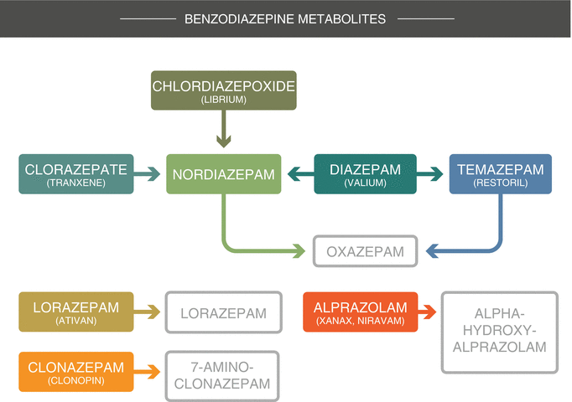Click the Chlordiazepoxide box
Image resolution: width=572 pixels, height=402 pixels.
tap(224, 90)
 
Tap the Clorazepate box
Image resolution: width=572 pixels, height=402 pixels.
tap(76, 174)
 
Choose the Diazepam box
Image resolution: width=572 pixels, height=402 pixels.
tap(365, 174)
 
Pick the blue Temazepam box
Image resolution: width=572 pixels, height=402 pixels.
tap(501, 174)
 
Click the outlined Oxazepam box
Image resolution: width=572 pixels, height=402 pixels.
tap(365, 251)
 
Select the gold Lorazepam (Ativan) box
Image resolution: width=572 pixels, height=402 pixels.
tap(76, 312)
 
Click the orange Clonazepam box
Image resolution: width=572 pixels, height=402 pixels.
tap(76, 372)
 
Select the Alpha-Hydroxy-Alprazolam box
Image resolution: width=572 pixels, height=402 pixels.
tap(499, 332)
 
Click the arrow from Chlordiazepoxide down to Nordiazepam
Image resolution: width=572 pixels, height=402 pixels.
tap(224, 132)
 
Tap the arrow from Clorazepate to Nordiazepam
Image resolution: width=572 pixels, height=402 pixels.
tap(148, 174)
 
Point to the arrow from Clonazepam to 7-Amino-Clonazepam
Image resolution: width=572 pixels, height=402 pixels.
tap(148, 372)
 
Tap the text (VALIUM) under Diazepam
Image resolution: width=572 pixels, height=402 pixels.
tap(365, 183)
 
